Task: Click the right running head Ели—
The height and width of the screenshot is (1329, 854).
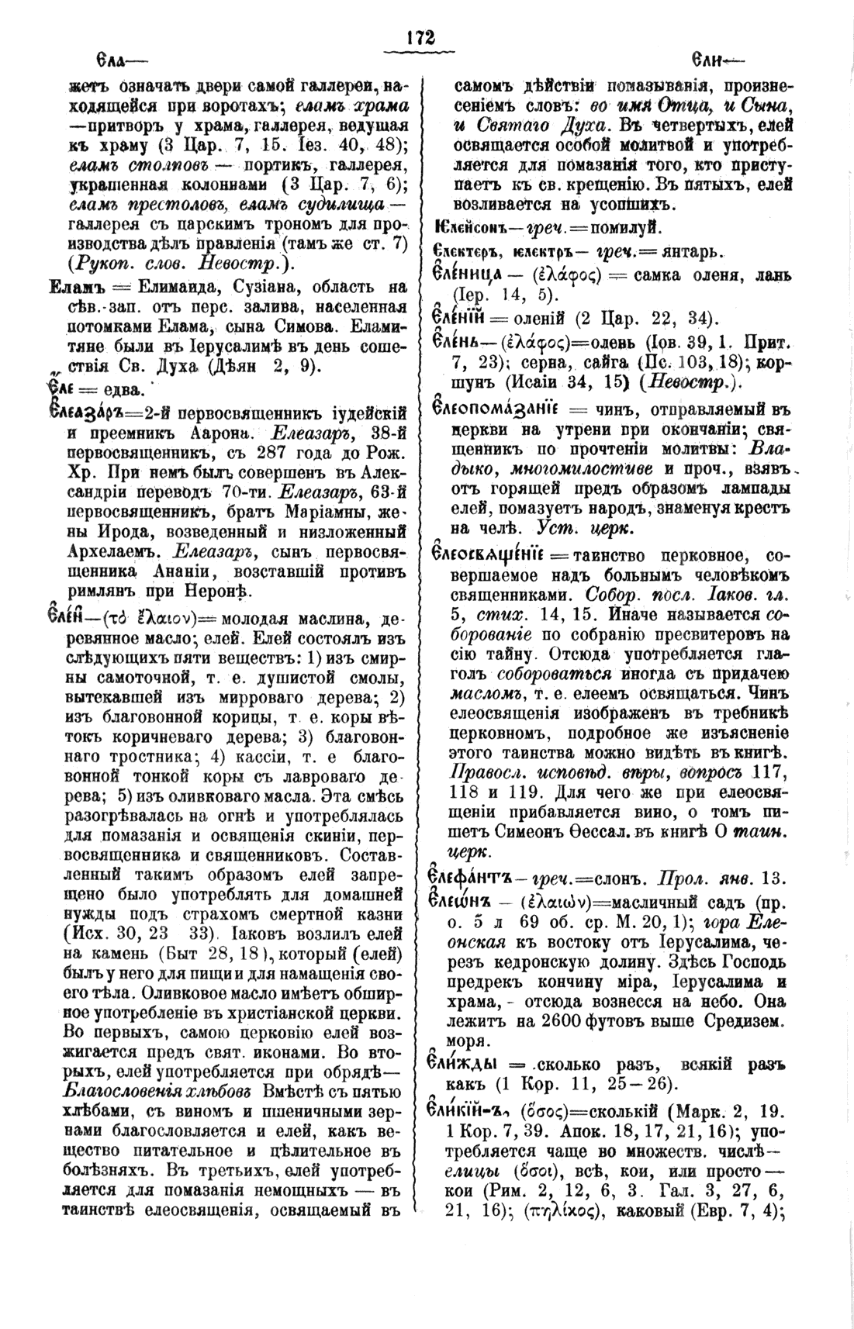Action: [x=718, y=60]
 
